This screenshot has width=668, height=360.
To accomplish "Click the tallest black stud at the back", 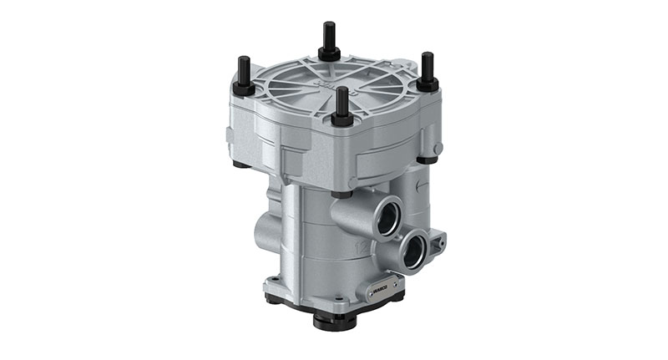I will pyautogui.click(x=326, y=38).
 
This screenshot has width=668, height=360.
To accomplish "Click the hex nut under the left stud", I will pyautogui.click(x=243, y=89).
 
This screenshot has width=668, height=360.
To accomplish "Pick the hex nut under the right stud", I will pyautogui.click(x=428, y=84).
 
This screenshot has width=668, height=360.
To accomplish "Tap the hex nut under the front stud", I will pyautogui.click(x=342, y=119).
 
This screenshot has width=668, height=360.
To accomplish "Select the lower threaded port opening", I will pyautogui.click(x=412, y=251).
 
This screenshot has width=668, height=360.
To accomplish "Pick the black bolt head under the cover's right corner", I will pyautogui.click(x=428, y=159).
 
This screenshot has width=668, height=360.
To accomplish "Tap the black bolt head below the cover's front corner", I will pyautogui.click(x=340, y=195).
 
